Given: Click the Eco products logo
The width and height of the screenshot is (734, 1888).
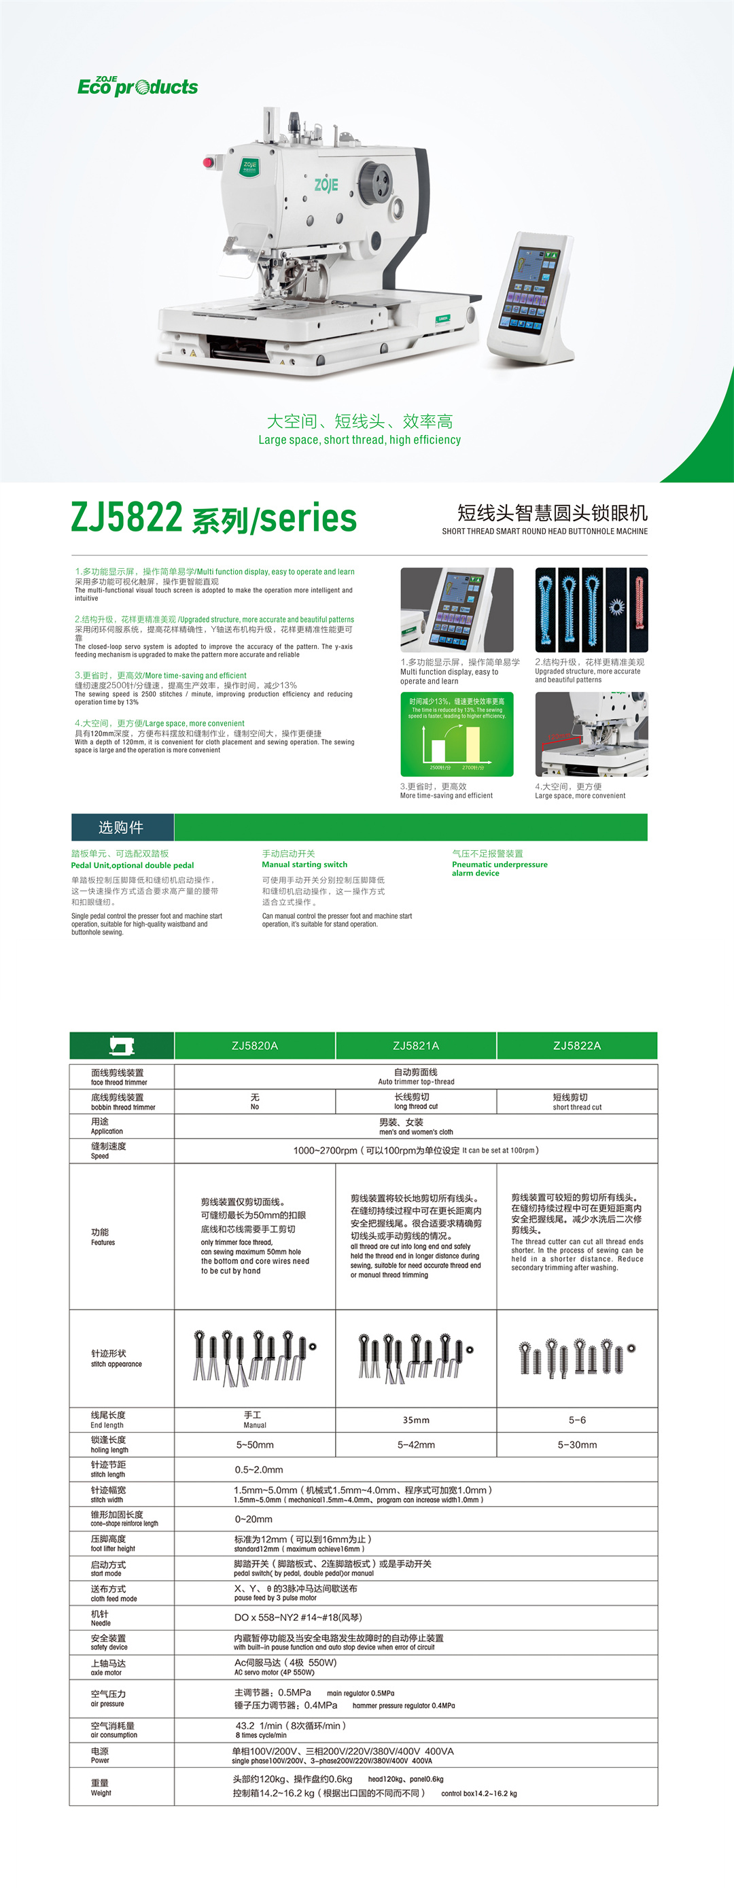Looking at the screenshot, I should click(x=138, y=86).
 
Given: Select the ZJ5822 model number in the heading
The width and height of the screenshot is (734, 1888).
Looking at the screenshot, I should click(x=127, y=517).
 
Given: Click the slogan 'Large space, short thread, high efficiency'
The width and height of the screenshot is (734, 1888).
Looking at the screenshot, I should click(x=360, y=440).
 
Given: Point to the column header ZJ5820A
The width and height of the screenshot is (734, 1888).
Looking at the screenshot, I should click(x=254, y=1045).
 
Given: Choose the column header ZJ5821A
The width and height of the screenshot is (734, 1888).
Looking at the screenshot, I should click(x=416, y=1045).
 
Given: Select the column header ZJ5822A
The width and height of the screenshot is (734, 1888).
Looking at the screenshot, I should click(x=577, y=1045).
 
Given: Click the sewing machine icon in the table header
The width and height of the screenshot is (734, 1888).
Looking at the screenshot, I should click(x=121, y=1045).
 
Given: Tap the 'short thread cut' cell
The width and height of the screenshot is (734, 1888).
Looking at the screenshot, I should click(x=577, y=1102).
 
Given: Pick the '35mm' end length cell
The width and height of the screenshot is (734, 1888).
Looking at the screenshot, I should click(x=416, y=1420).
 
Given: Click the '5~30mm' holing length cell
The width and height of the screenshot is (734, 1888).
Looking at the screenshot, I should click(x=577, y=1445).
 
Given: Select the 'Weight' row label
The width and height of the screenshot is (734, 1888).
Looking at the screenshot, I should click(x=101, y=1787).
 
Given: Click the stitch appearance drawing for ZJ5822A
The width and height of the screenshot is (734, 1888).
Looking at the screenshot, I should click(x=577, y=1357).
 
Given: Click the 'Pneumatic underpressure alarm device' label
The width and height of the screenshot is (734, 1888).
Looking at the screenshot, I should click(x=500, y=869).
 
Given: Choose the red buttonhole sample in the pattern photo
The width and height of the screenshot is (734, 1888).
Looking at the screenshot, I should click(x=639, y=610).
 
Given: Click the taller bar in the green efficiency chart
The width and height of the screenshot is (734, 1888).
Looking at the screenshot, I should click(x=473, y=744).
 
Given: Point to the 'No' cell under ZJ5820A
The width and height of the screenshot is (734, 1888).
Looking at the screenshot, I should click(x=254, y=1102).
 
